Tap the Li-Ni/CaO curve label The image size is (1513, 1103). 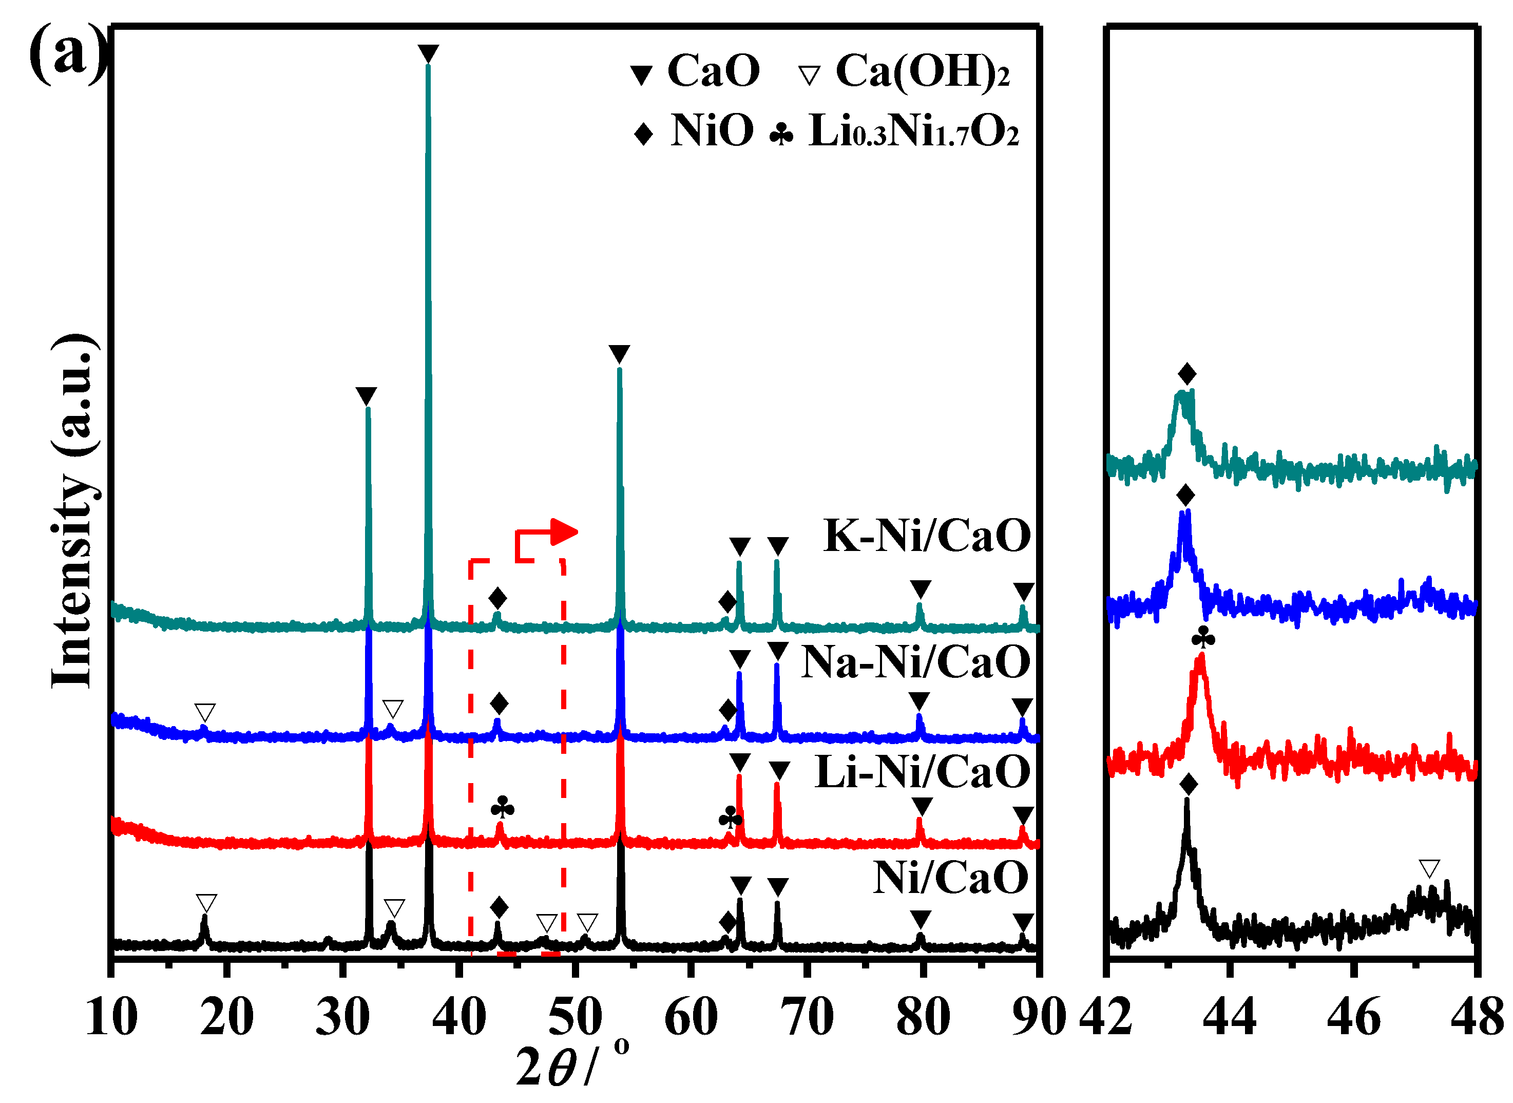tap(923, 772)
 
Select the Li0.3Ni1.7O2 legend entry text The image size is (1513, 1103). tap(913, 131)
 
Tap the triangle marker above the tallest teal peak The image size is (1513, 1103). tap(428, 53)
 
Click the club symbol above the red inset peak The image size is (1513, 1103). tap(1203, 639)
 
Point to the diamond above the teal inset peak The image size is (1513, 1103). tap(1186, 374)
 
